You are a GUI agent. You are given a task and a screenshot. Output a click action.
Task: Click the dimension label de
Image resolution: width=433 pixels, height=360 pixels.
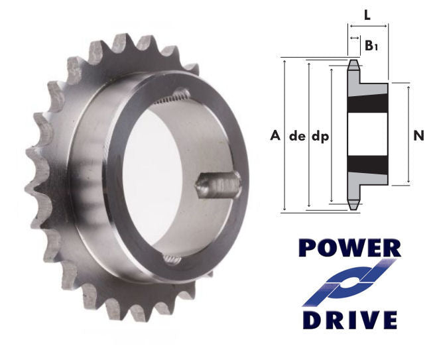pyautogui.click(x=296, y=137)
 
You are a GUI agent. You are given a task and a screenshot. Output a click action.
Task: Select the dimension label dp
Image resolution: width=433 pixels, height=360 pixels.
pyautogui.click(x=320, y=137)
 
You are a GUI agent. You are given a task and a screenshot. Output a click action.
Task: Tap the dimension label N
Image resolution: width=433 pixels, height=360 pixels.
pyautogui.click(x=418, y=136)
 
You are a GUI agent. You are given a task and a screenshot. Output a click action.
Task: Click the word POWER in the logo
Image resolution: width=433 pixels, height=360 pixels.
pyautogui.click(x=349, y=248)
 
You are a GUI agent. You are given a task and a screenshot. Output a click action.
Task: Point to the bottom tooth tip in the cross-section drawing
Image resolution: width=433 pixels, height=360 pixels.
pyautogui.click(x=354, y=206)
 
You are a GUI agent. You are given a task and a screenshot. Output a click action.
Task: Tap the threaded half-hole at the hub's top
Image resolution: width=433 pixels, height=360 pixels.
pyautogui.click(x=173, y=97)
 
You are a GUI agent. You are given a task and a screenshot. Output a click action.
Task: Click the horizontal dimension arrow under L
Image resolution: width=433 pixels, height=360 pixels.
pyautogui.click(x=368, y=27)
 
